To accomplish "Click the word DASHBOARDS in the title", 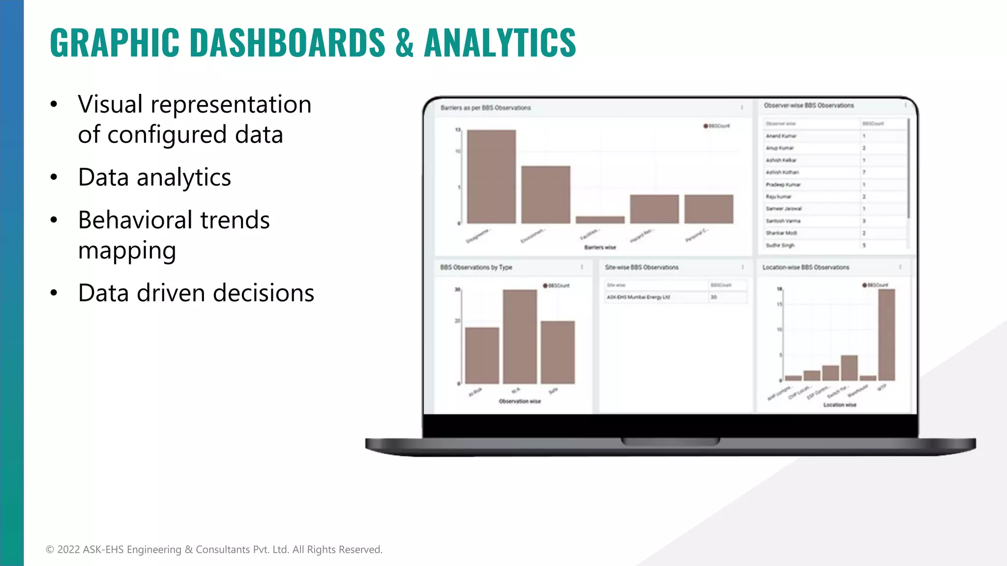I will point(287,42).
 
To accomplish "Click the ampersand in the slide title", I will point(404,42).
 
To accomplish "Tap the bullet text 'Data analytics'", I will point(154,177).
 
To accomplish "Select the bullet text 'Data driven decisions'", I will point(196,293).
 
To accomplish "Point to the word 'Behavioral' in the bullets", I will point(135,220).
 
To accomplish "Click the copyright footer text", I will point(214,549).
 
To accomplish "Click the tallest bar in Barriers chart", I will point(491,176).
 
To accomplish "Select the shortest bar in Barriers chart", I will point(600,220).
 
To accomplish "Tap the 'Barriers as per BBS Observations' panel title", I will point(485,108).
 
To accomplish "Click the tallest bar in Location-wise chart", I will point(887,335).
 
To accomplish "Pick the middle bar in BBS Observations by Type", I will point(520,337).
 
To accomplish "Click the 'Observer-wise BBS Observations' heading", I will point(808,106).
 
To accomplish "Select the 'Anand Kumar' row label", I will point(781,136).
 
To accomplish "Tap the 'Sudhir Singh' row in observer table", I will point(780,245).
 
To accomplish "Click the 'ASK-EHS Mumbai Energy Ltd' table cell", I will point(638,297).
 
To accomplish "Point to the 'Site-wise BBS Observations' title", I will point(641,267).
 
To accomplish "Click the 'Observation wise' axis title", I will point(519,401).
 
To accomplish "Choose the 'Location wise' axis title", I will point(839,405).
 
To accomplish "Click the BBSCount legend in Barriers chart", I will point(717,126).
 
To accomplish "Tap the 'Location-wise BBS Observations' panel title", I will point(805,267).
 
